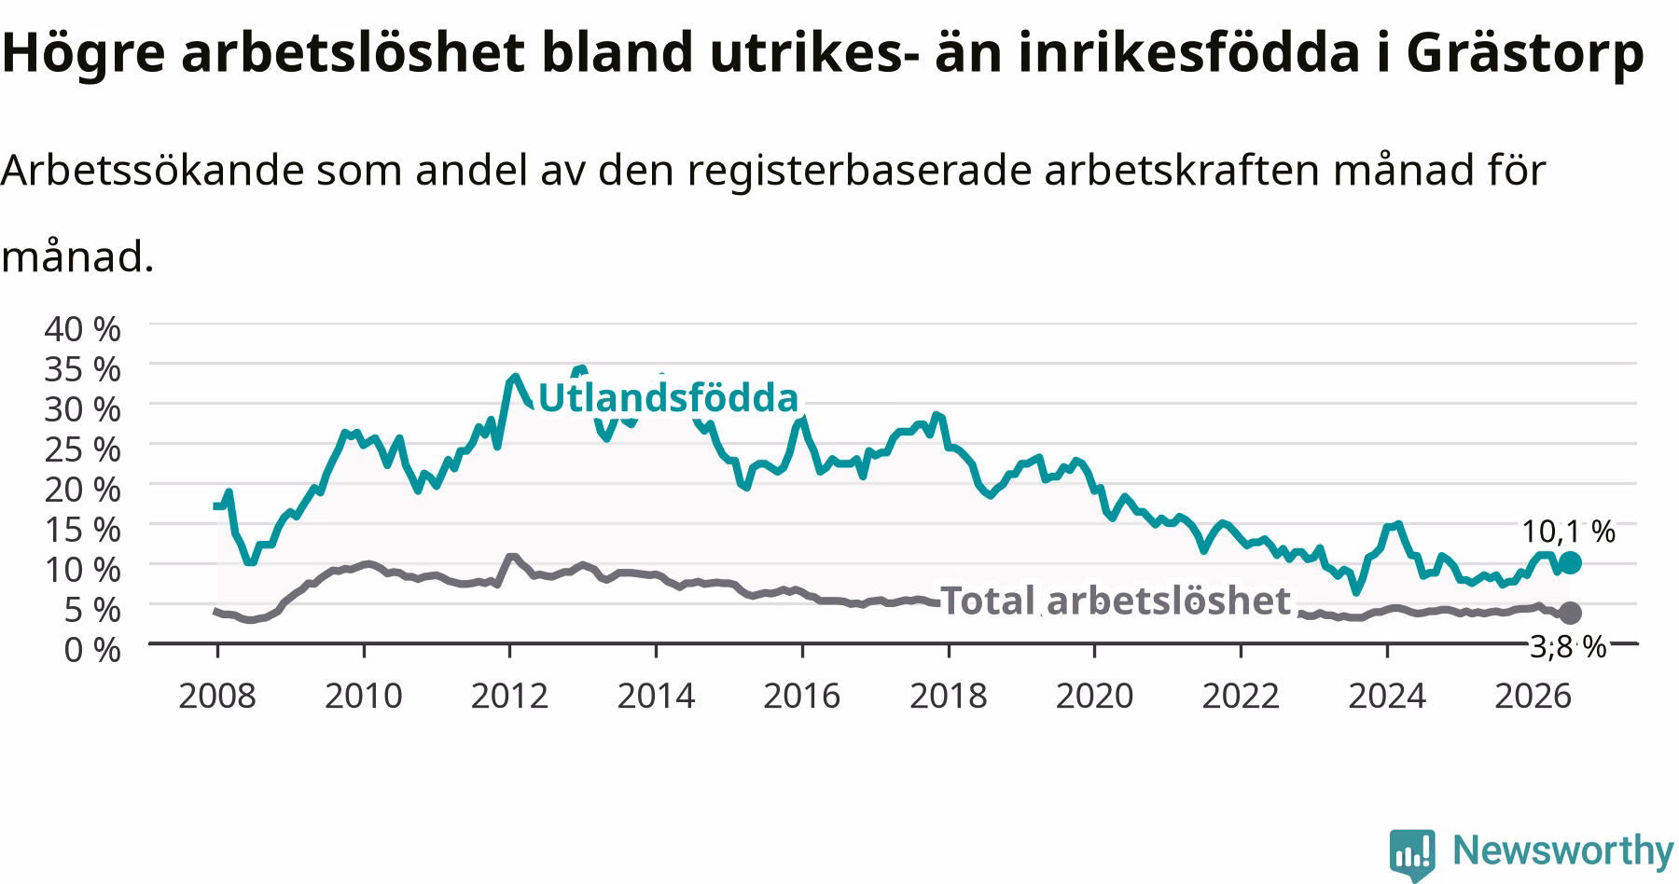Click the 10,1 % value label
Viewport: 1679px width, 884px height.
[1568, 532]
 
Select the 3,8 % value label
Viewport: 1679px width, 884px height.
[1568, 646]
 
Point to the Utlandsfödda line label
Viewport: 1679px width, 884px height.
[669, 398]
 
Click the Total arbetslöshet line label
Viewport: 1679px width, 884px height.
[1116, 601]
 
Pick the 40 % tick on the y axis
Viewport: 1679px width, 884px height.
[82, 328]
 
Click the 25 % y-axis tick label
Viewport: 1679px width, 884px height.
[82, 449]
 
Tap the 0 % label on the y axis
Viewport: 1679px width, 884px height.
[92, 649]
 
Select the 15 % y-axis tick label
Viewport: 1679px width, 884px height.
[82, 529]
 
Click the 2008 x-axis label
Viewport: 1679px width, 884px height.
[216, 696]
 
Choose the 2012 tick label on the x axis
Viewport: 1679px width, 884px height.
[509, 696]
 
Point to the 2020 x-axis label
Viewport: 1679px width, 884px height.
[1094, 696]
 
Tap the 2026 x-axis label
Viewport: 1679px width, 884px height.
[1533, 696]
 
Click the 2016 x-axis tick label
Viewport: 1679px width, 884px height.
[802, 696]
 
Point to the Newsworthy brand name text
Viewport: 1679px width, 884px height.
[1563, 851]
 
